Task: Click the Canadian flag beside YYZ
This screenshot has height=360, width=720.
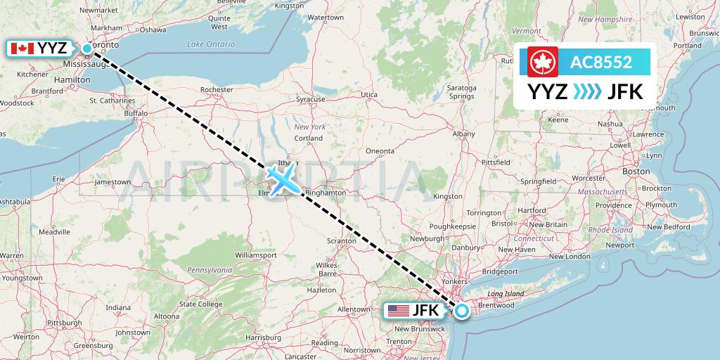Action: click(x=21, y=49)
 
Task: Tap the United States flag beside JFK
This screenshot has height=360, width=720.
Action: click(x=398, y=310)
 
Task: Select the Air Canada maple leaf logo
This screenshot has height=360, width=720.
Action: click(x=542, y=63)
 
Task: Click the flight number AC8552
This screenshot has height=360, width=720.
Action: click(x=600, y=63)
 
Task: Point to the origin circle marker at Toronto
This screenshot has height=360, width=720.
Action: click(x=87, y=49)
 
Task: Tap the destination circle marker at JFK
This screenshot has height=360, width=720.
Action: click(x=462, y=310)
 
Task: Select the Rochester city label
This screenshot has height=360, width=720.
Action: click(x=217, y=90)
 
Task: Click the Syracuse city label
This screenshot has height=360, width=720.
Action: click(x=310, y=99)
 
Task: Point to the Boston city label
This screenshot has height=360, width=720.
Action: click(x=636, y=171)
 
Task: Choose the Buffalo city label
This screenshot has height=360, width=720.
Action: click(x=136, y=112)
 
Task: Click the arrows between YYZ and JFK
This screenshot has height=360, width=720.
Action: click(x=587, y=92)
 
